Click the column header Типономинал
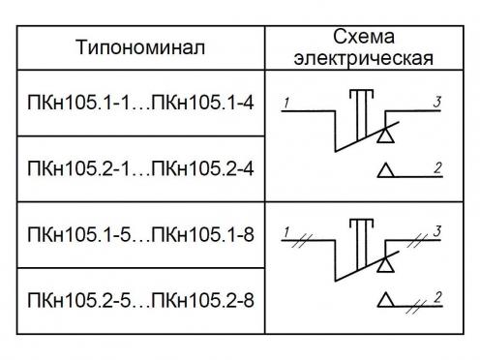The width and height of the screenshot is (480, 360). coord(140,47)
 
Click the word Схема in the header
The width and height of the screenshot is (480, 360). coord(364,37)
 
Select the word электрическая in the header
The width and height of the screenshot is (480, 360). coord(364,58)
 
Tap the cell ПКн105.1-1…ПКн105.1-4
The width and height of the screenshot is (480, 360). coord(140,103)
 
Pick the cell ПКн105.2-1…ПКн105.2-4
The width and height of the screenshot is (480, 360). coord(140,168)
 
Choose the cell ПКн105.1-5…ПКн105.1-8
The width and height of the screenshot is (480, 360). coord(140,234)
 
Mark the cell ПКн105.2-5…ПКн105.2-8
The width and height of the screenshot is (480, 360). coord(140,300)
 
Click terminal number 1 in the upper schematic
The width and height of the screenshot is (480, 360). coord(286,103)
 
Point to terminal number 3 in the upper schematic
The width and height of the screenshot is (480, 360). coord(437,102)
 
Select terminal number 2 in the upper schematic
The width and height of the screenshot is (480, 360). coord(437,168)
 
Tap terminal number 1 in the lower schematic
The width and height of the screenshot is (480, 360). coord(286,232)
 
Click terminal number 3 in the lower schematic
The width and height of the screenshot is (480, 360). coord(437,231)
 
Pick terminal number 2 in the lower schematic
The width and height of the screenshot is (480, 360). coord(437,297)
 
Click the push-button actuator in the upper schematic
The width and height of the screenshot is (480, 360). coord(362,114)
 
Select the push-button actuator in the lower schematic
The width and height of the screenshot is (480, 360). coord(362,244)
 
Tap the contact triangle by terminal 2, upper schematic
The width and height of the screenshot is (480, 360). coord(385,170)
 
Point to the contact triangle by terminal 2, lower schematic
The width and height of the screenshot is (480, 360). coord(385,299)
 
